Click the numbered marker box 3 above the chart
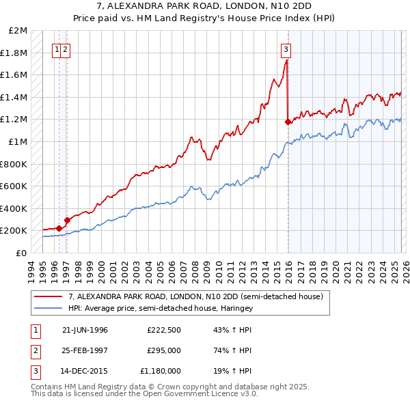point(286,48)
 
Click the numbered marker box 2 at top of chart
point(65,48)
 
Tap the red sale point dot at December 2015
point(288,122)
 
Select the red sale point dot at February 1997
point(67,220)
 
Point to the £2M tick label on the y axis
point(18,31)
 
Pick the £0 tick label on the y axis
point(22,253)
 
